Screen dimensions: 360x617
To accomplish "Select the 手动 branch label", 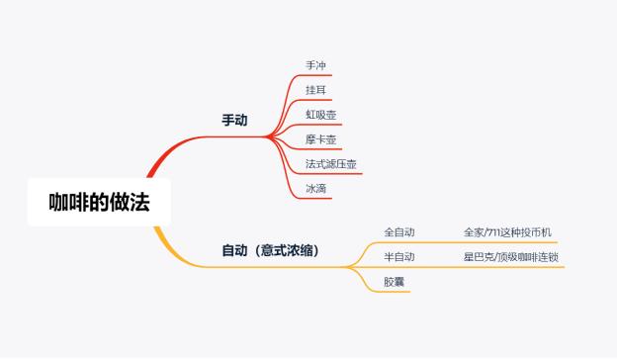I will click(x=234, y=121).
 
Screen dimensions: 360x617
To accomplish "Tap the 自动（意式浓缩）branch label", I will click(x=270, y=250).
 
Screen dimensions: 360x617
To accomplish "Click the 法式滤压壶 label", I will click(x=332, y=163).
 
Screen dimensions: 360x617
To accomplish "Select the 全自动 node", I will click(x=399, y=232).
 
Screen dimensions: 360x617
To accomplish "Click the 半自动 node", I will click(x=399, y=257).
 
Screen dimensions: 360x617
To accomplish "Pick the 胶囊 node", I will click(x=395, y=282).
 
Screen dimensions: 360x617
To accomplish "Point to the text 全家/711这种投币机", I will click(x=507, y=232).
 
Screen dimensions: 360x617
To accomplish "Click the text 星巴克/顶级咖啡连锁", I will click(x=511, y=257).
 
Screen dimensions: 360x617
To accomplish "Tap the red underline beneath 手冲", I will click(x=316, y=74).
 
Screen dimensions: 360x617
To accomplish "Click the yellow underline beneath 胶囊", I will click(x=395, y=292).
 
